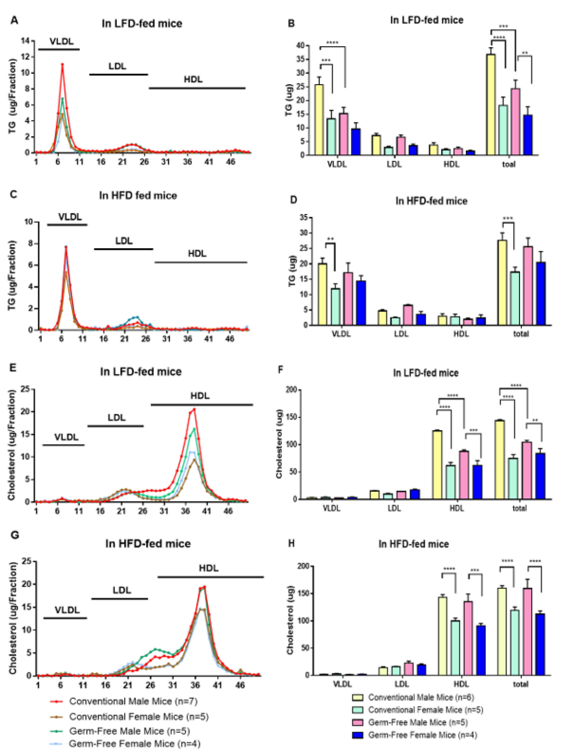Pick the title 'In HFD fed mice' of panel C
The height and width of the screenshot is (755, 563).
[x=138, y=195]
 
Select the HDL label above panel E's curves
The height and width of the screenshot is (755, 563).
[x=200, y=396]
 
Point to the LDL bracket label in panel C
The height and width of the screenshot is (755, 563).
[x=124, y=241]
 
